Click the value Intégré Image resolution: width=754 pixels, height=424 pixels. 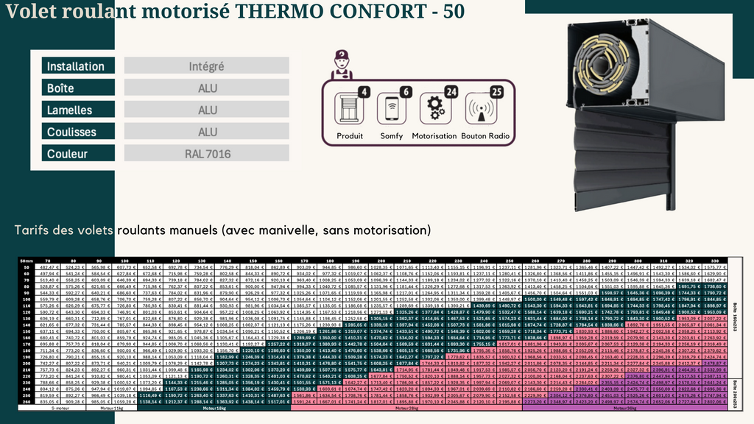tap(206, 66)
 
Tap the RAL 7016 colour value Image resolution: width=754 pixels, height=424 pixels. tap(206, 155)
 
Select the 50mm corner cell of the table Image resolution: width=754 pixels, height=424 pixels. tap(28, 260)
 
